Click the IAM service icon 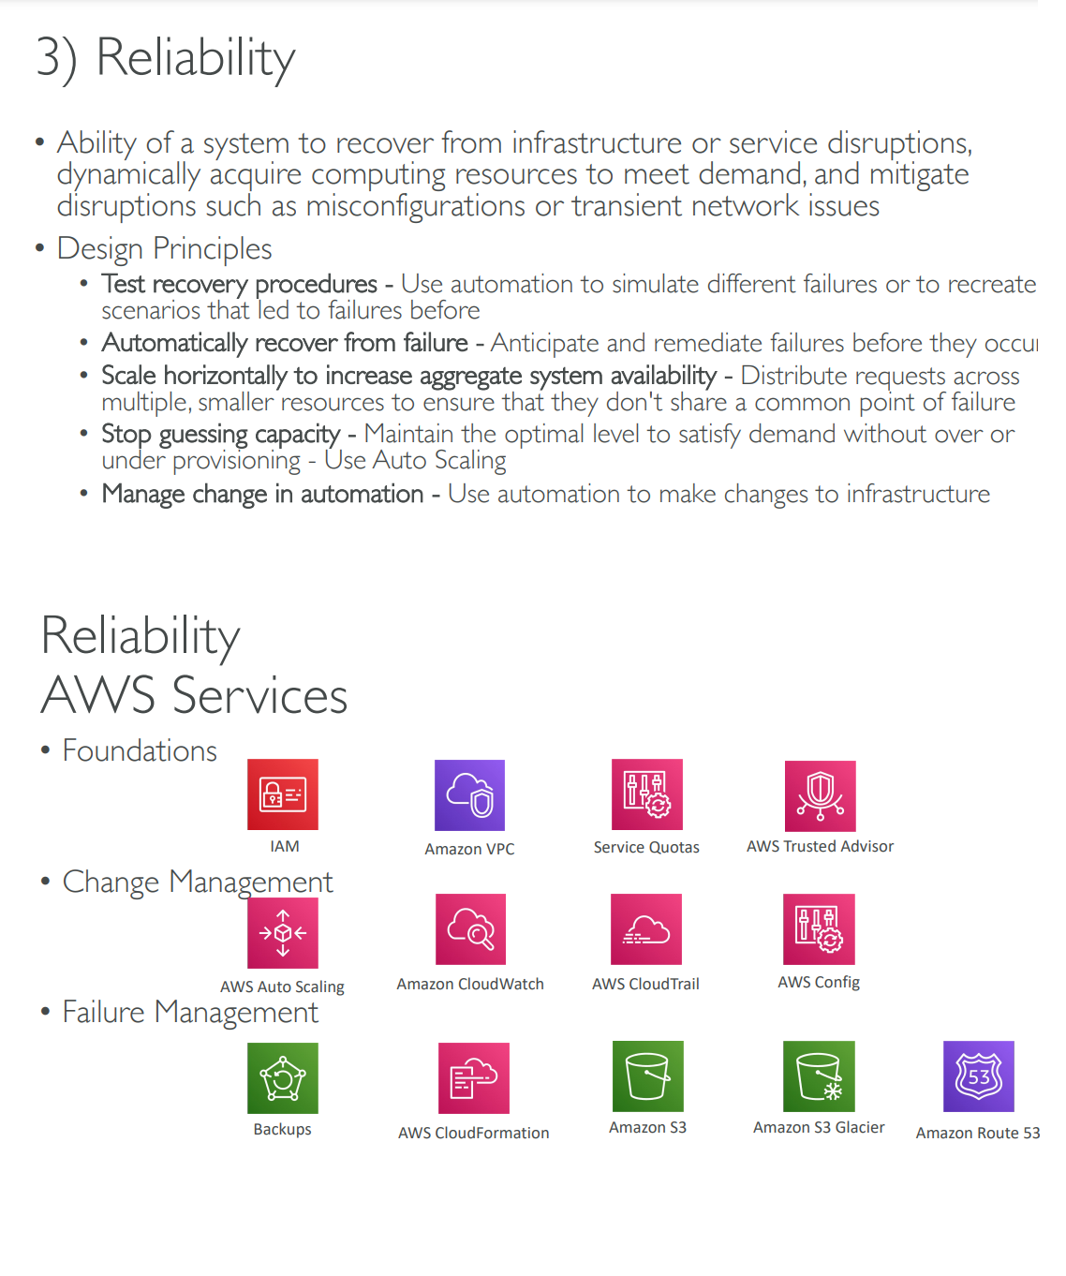point(283,794)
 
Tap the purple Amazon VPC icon point(469,795)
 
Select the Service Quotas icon point(646,794)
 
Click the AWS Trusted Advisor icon point(820,795)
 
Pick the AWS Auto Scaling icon point(283,933)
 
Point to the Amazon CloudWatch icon point(470,929)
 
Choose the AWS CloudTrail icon point(646,929)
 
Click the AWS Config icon point(819,929)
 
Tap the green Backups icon point(283,1078)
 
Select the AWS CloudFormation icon point(474,1078)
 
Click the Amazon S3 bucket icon point(647,1076)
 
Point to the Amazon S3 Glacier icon point(819,1076)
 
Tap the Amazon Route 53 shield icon point(978,1076)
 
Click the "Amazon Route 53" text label point(978,1133)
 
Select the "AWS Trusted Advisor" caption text point(820,846)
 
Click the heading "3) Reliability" point(166,58)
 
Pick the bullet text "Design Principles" point(165,249)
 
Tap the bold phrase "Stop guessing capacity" point(221,434)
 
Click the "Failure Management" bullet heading point(190,1013)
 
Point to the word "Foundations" point(140,751)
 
